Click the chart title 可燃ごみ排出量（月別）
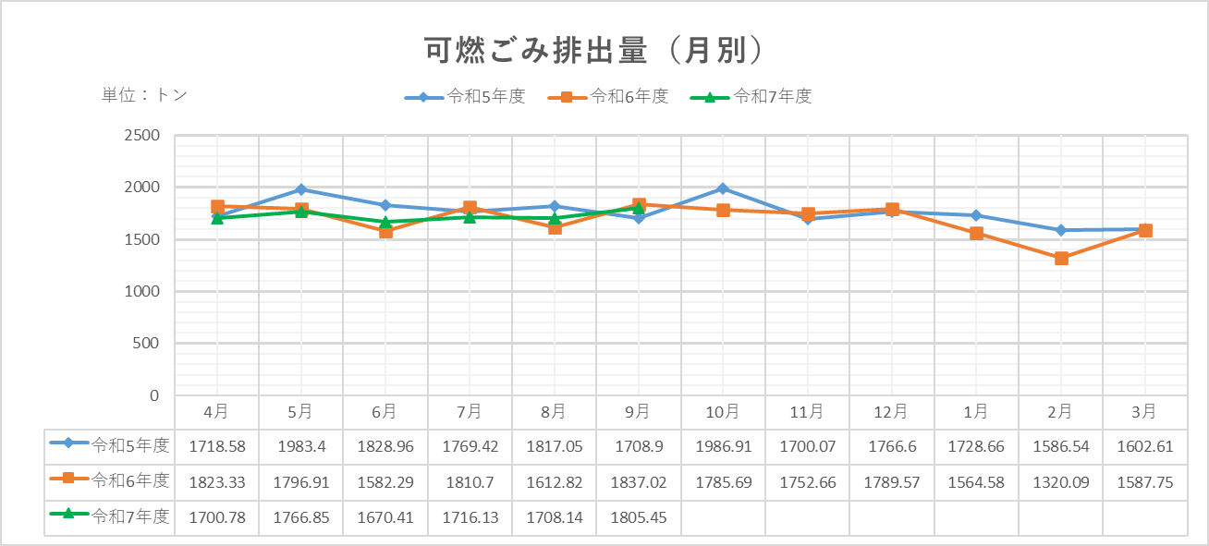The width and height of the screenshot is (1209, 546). coord(595,50)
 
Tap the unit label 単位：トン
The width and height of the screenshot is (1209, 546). coord(144,95)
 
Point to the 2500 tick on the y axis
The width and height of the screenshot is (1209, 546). coord(141,136)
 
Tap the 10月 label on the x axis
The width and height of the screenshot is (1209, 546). coord(723,411)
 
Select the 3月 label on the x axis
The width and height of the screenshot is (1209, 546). coord(1144,411)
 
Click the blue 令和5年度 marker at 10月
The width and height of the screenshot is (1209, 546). coord(723,188)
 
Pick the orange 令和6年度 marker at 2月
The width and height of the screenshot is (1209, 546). coord(1061,259)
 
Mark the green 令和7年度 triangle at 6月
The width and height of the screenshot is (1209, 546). coord(385,222)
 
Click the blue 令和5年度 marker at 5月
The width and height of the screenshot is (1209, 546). coord(300,189)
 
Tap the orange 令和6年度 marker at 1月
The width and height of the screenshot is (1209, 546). coord(976,233)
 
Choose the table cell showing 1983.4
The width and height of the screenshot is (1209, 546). coord(300,446)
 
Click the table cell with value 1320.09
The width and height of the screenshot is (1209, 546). coord(1061,481)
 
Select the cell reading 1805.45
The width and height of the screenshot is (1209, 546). coord(638,517)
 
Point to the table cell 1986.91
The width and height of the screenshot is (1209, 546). coord(723,446)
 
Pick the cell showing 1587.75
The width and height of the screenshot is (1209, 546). coord(1144,481)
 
